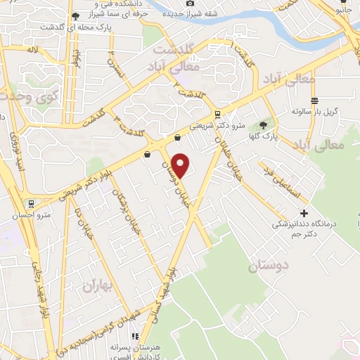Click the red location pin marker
(181, 165)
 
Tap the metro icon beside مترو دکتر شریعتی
(217, 113)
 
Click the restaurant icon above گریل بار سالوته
(314, 100)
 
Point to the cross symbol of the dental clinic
(304, 213)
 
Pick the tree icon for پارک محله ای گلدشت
(75, 15)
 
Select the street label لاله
(32, 51)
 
